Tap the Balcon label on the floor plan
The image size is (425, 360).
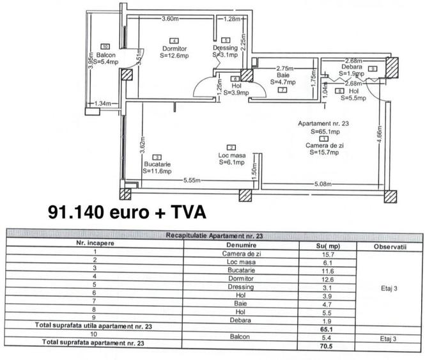point(104,54)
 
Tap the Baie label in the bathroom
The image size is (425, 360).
point(284,75)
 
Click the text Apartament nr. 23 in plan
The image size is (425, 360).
point(323,123)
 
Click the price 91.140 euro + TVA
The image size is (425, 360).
point(126,211)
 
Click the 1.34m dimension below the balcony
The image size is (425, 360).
point(102,103)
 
